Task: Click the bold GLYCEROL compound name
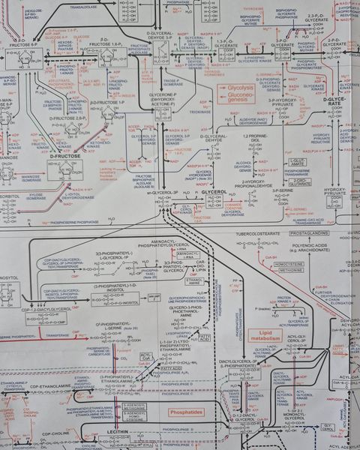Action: [x=214, y=193]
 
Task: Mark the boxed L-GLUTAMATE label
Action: [x=298, y=162]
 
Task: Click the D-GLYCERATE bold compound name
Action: [x=336, y=101]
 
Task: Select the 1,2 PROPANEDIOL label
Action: [x=253, y=138]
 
